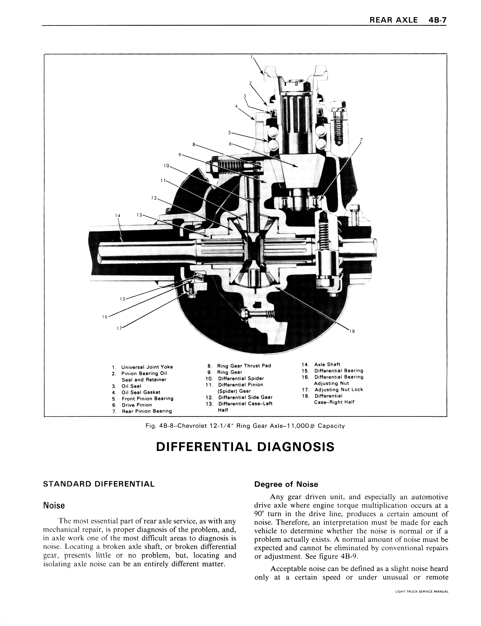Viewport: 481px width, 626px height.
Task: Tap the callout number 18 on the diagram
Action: pos(352,331)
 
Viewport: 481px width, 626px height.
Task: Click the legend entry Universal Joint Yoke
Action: pos(147,367)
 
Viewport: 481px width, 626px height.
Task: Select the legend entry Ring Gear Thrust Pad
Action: pos(244,366)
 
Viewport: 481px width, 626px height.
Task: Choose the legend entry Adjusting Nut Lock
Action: pos(338,390)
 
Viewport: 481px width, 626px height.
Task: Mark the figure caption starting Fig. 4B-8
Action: pos(245,426)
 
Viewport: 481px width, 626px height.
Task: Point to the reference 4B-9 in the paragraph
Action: pos(349,556)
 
